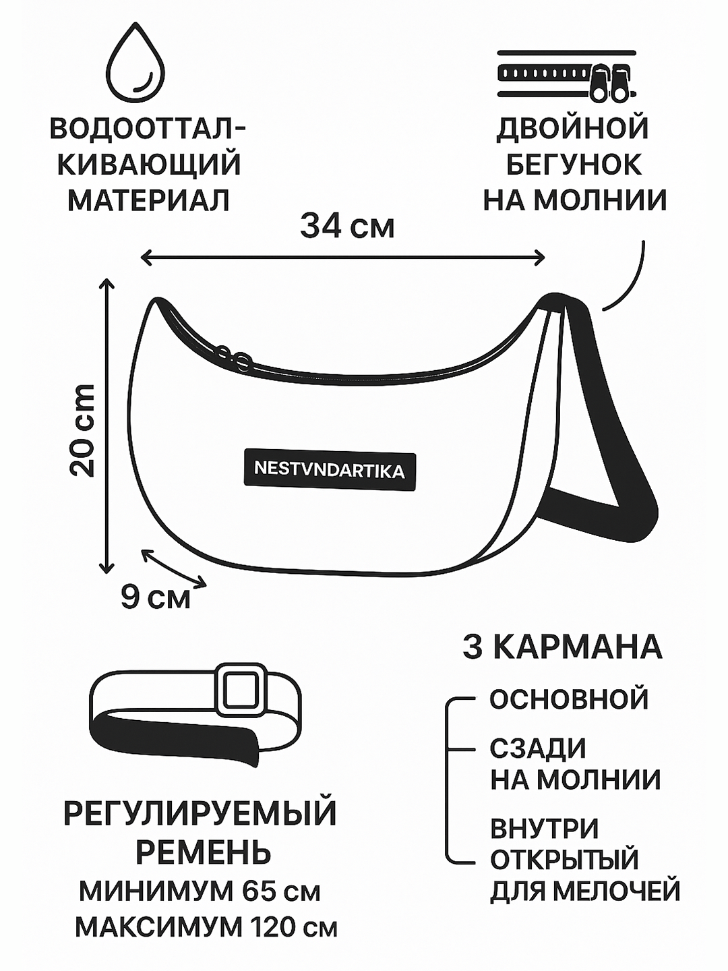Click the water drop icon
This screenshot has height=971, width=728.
coord(138,64)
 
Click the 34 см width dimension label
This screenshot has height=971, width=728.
coord(347,226)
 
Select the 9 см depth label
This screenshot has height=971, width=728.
coord(155,596)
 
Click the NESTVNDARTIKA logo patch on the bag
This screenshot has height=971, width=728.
coord(330,469)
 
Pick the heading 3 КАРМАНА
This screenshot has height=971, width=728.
coord(562,647)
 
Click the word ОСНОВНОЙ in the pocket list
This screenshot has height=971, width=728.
coord(568,699)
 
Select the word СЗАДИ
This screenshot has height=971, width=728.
coord(538,748)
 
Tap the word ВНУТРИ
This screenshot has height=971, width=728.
coord(544,829)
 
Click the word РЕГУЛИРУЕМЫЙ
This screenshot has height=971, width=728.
coord(200,813)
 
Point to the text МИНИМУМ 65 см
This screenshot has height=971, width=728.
coord(200,891)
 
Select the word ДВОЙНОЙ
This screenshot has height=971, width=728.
coord(572,128)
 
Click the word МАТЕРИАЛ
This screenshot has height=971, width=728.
coord(149,200)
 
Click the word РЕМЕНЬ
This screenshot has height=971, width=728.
coord(203,852)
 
